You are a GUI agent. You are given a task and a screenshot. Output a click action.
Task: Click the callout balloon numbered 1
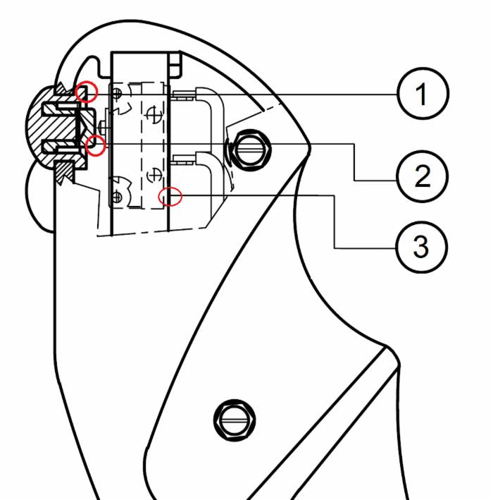tap(423, 93)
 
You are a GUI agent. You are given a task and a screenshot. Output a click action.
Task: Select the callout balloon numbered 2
tap(423, 176)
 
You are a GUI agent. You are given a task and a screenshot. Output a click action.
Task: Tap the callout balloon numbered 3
tap(421, 247)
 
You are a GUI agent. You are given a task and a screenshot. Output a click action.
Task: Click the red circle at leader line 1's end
tap(86, 92)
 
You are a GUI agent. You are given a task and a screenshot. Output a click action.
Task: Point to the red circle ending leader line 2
tap(95, 145)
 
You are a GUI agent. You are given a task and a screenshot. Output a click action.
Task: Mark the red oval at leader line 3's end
tap(170, 197)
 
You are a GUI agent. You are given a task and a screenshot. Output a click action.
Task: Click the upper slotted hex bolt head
tap(250, 150)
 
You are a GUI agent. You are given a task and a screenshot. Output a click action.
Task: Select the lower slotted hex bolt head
tap(235, 420)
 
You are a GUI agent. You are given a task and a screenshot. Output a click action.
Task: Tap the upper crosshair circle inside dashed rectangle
tap(154, 114)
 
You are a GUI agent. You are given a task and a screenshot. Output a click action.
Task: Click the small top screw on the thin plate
tap(117, 93)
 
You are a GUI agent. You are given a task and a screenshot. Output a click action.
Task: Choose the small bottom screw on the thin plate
tap(117, 197)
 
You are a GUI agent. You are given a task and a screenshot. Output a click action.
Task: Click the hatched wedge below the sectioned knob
tap(65, 173)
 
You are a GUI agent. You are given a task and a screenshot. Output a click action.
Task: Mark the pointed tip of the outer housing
tap(309, 148)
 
